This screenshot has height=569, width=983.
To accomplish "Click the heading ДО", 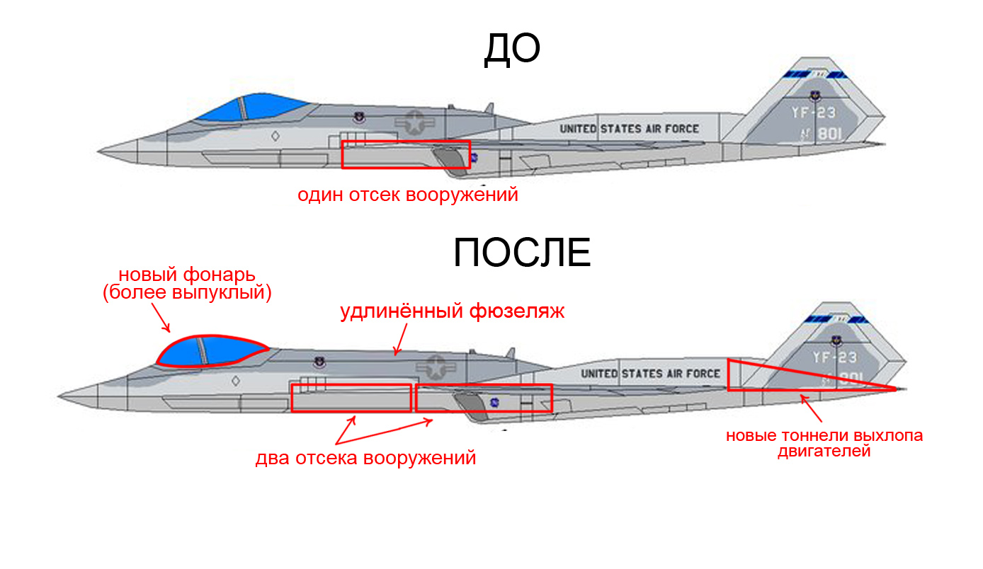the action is pos(511,50).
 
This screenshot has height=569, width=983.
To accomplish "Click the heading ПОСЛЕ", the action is pos(522,253).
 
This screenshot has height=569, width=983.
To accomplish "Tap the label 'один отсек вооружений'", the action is pos(407,195).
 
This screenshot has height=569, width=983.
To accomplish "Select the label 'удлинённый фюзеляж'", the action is pos(452,311).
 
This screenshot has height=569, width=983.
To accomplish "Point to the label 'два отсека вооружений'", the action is pos(365,458).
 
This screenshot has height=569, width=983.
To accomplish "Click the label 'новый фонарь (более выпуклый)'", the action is pos(186,283).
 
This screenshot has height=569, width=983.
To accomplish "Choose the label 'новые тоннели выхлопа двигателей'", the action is pos(824,442).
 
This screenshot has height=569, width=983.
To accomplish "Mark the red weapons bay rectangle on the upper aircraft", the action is pos(406,154).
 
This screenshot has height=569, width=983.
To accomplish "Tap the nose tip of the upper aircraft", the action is pos(100,151).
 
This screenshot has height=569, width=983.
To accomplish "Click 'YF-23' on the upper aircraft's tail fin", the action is pos(813,112).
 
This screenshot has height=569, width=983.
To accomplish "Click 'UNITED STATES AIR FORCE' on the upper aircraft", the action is pos(629,129).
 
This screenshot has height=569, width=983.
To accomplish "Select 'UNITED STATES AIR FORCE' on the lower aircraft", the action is pos(649,373).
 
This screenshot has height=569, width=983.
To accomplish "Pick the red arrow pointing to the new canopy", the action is pos(162,322).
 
